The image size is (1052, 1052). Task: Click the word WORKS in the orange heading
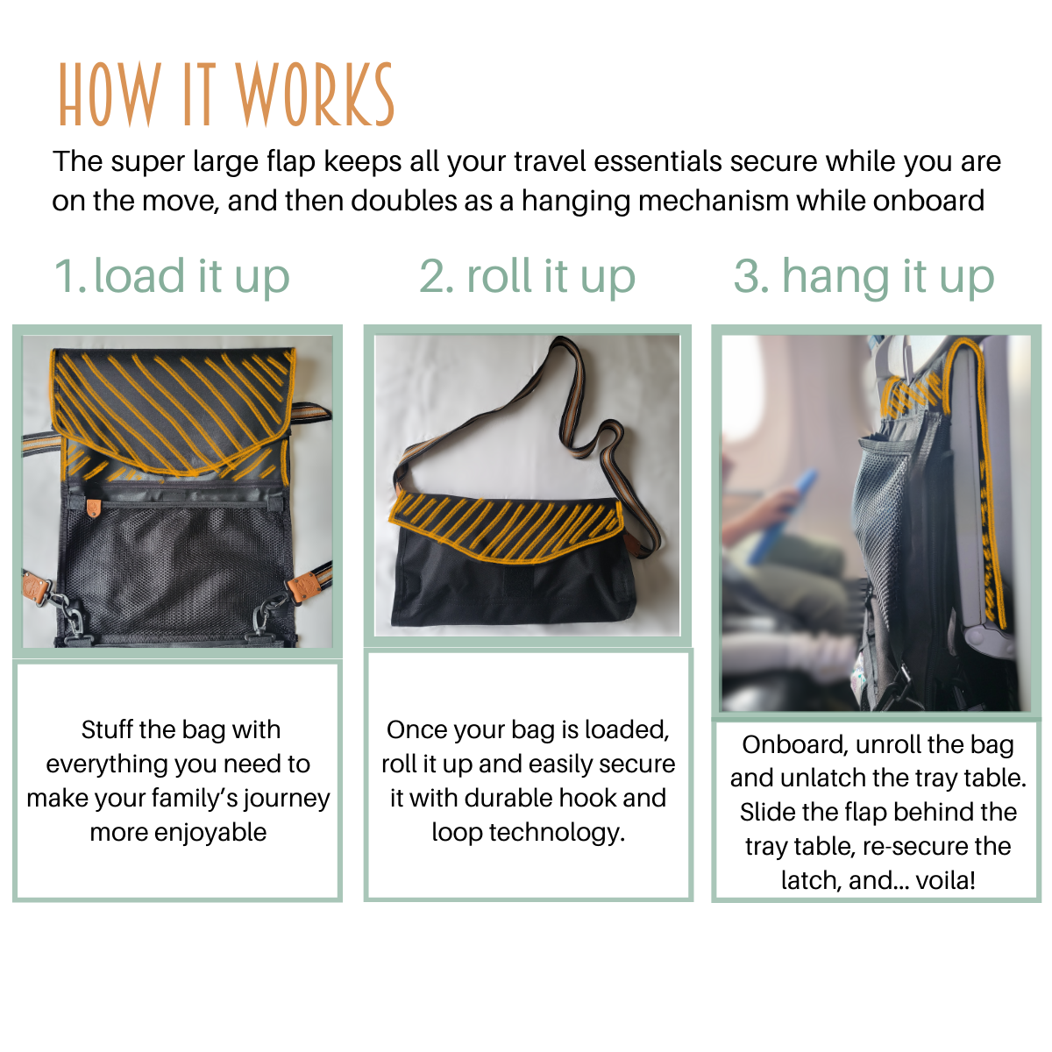314,94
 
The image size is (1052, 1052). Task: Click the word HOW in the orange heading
110,94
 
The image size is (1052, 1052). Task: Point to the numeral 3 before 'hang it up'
750,275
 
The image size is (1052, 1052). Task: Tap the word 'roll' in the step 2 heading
499,274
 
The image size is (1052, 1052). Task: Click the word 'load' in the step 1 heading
139,274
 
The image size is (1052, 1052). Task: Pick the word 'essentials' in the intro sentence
657,161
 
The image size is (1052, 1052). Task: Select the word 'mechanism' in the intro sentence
713,201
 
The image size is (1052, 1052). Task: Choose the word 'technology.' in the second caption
557,833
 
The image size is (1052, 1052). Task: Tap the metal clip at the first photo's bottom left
66,611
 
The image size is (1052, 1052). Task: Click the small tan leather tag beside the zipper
94,508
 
